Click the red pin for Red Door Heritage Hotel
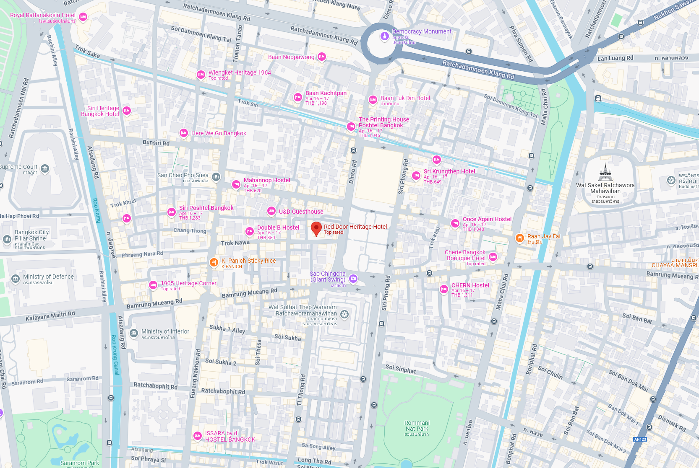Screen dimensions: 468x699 (x=316, y=228)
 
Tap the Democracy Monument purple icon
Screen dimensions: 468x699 (x=384, y=36)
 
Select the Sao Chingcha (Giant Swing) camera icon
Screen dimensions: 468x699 (x=353, y=279)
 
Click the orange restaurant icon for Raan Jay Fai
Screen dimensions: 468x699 (x=519, y=238)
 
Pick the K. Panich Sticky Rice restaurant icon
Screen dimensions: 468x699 (x=214, y=262)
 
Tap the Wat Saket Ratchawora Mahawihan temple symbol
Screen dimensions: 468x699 (x=605, y=172)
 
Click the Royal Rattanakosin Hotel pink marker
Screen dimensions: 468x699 (x=83, y=17)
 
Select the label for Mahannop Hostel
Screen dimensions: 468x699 (x=267, y=180)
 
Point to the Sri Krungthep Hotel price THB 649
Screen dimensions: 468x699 (x=432, y=182)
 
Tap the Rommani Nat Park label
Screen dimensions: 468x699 (x=417, y=426)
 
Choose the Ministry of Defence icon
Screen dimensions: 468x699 (x=16, y=278)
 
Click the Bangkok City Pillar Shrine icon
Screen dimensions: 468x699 (x=7, y=239)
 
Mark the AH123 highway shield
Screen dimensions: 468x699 (x=640, y=439)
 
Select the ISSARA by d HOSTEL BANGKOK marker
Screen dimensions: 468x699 (x=197, y=436)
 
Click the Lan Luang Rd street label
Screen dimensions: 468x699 (x=615, y=58)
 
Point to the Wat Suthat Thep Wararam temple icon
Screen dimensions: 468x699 (x=344, y=314)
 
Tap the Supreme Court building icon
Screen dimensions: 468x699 (x=45, y=168)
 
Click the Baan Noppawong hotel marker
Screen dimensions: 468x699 (x=322, y=57)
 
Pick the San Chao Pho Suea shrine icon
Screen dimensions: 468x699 (x=216, y=176)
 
